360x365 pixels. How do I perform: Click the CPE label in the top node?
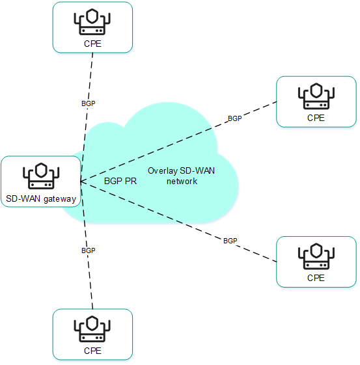click(x=92, y=44)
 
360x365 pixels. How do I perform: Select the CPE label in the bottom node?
click(x=92, y=351)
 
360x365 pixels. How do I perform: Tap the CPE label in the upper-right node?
click(x=316, y=118)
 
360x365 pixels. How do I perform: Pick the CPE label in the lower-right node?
click(x=316, y=278)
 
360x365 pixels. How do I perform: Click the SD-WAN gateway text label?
click(x=41, y=198)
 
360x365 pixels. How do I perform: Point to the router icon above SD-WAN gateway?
click(x=41, y=175)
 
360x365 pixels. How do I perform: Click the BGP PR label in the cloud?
click(x=119, y=182)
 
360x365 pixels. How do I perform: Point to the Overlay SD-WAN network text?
click(x=182, y=176)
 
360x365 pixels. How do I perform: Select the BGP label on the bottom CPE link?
click(x=88, y=250)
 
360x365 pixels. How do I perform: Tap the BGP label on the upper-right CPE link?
click(x=234, y=118)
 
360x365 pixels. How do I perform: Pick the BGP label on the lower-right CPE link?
click(x=230, y=241)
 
